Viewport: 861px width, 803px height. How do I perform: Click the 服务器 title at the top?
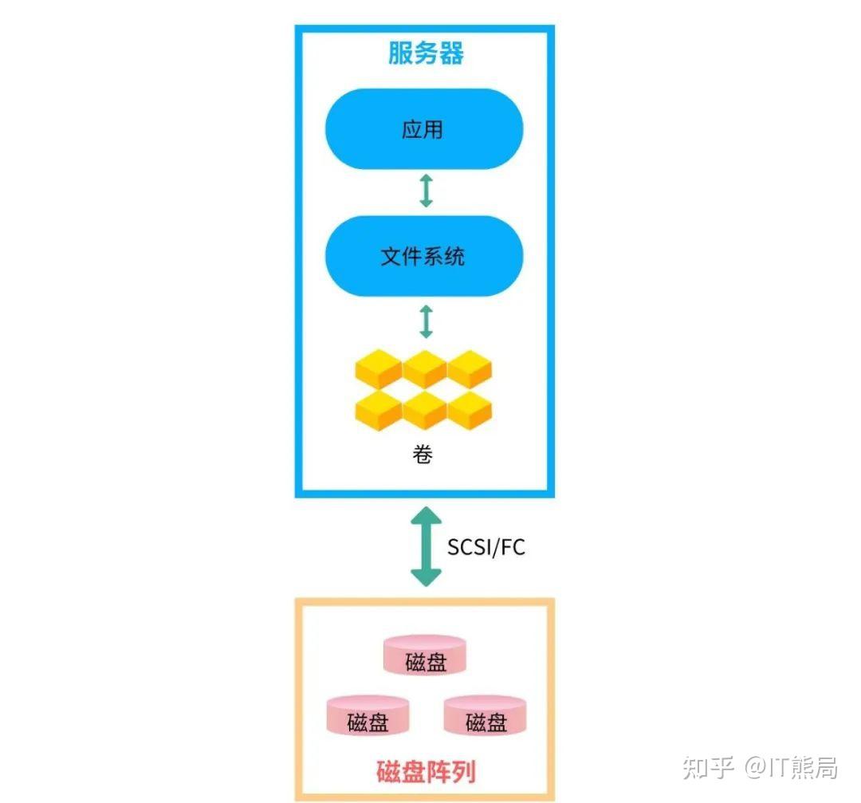(426, 53)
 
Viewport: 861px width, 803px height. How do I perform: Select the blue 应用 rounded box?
(423, 129)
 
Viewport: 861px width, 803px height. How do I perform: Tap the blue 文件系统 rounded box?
(423, 257)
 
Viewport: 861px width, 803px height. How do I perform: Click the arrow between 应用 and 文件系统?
(426, 191)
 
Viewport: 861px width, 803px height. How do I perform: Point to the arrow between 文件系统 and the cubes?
(426, 320)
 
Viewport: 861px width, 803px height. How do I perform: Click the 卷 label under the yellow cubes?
(423, 455)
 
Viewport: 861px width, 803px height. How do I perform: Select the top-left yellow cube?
(378, 370)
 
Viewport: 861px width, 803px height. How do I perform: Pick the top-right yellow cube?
(470, 370)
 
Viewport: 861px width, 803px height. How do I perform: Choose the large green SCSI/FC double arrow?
(426, 547)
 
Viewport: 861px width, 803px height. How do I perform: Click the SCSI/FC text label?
(486, 548)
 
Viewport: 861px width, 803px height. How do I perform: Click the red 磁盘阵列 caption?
(426, 771)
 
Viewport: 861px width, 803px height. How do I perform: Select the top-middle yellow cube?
(424, 370)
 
